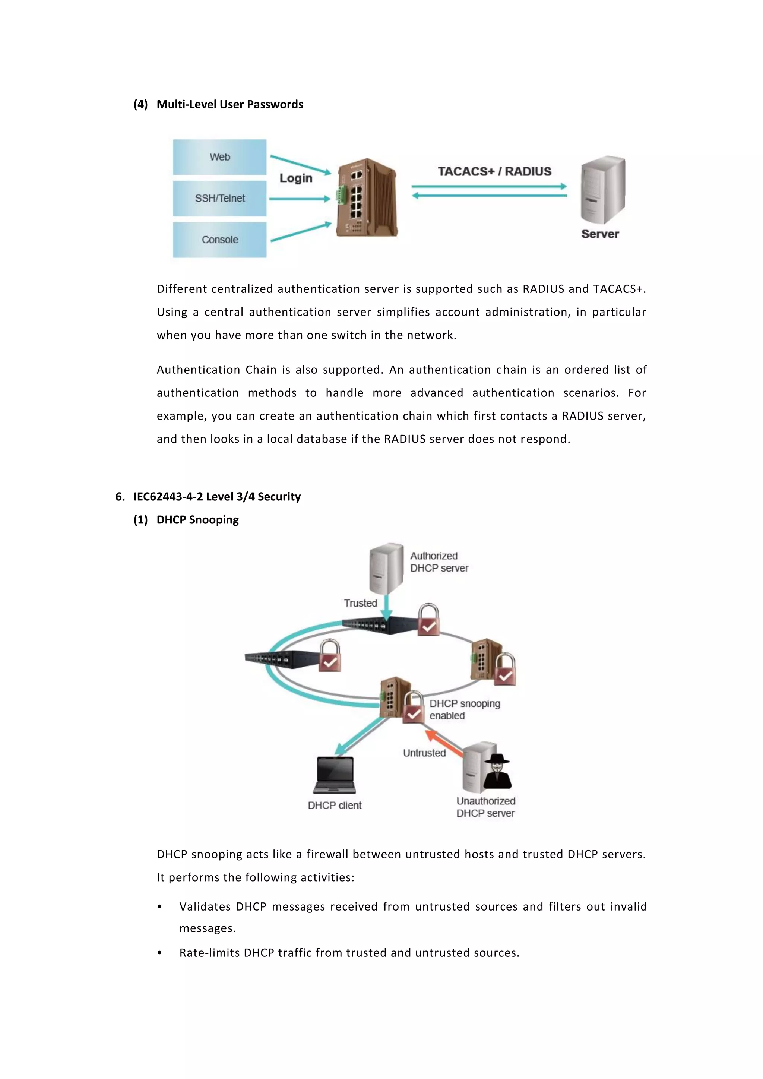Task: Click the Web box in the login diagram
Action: click(219, 157)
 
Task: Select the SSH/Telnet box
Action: click(219, 198)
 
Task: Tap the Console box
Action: click(219, 240)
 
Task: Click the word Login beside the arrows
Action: click(295, 178)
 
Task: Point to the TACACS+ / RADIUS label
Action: click(494, 171)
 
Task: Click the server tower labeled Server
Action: click(602, 190)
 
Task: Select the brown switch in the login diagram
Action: click(367, 198)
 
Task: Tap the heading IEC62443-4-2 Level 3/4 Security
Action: click(216, 497)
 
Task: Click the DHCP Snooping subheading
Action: click(197, 520)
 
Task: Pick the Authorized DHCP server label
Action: click(439, 562)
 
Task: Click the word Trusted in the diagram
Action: click(360, 603)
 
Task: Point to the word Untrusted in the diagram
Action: click(424, 753)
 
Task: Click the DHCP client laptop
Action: click(335, 775)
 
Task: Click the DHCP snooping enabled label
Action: click(464, 710)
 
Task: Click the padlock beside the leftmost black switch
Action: click(330, 656)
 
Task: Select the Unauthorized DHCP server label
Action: click(485, 807)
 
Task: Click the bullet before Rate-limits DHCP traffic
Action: click(160, 953)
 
